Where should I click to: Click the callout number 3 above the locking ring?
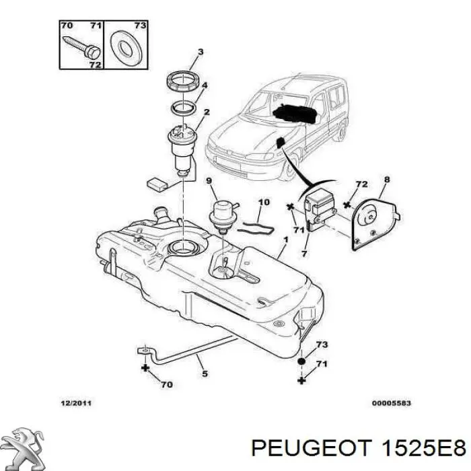(x=201, y=52)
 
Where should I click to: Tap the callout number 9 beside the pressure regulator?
(x=209, y=180)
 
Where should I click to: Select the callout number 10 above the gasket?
(x=264, y=202)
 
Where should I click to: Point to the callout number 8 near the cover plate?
(x=387, y=180)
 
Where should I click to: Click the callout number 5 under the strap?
(x=205, y=373)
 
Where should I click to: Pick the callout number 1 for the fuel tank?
(x=286, y=240)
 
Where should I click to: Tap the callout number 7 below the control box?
(x=304, y=254)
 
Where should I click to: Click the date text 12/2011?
(x=76, y=403)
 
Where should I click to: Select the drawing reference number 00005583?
(x=391, y=403)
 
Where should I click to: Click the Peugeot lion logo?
(x=25, y=448)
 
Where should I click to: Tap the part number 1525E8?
(x=423, y=449)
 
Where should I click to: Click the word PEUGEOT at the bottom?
(x=311, y=449)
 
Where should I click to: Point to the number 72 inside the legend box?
(x=95, y=65)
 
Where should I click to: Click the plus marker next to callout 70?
(x=145, y=368)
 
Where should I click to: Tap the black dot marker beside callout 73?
(x=301, y=361)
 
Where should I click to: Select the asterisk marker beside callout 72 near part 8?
(x=347, y=205)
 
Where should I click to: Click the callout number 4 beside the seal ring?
(x=205, y=85)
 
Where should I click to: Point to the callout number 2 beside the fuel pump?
(x=207, y=112)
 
